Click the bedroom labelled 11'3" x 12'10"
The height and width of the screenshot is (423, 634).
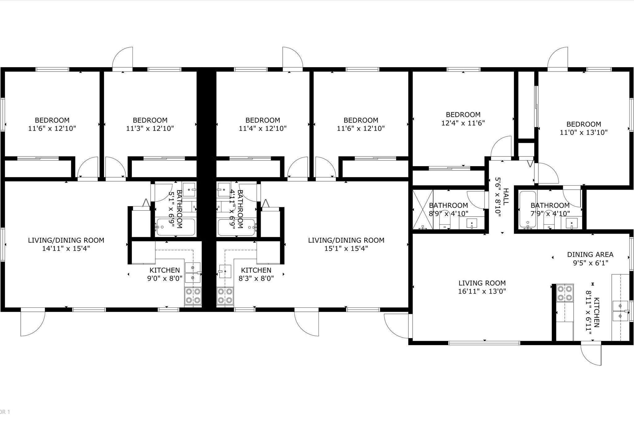coord(150,124)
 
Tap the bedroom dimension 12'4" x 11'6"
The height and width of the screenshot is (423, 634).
coord(463,123)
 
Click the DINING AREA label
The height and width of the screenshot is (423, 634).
coord(590,254)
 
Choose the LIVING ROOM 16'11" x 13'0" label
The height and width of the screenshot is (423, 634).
coord(482,287)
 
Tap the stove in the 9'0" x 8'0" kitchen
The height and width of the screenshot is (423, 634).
coord(193,296)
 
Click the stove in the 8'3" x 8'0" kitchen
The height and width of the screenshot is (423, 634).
coord(225,296)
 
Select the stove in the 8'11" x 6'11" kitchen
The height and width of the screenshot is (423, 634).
coord(565,293)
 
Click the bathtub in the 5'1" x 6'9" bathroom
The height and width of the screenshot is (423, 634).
coord(176,227)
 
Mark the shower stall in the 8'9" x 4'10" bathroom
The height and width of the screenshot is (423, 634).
coord(423,209)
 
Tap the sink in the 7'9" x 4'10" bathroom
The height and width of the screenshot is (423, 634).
coord(571,223)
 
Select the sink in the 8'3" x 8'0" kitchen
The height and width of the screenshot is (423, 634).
coord(225,271)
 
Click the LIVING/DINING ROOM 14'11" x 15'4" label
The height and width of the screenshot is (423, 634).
coord(66,244)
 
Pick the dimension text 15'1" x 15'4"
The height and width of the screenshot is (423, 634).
coord(346,248)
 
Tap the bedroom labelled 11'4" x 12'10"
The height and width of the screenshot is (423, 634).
coord(263,124)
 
